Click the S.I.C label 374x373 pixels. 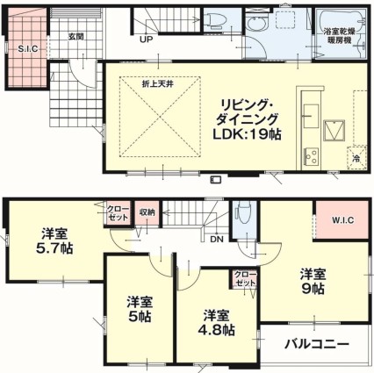pyautogui.click(x=28, y=49)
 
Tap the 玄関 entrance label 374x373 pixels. pyautogui.click(x=76, y=37)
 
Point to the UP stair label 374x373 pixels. pyautogui.click(x=147, y=39)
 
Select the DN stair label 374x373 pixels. pyautogui.click(x=217, y=240)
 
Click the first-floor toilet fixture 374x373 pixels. pyautogui.click(x=215, y=19)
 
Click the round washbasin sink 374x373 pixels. pyautogui.click(x=256, y=23)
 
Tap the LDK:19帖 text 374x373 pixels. pyautogui.click(x=247, y=135)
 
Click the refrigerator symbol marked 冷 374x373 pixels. pyautogui.click(x=356, y=157)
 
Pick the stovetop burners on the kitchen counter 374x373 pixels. pyautogui.click(x=312, y=157)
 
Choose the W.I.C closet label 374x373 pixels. pyautogui.click(x=342, y=220)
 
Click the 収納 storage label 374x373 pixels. pyautogui.click(x=147, y=212)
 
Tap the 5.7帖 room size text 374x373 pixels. pyautogui.click(x=54, y=248)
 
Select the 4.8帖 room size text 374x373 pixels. pyautogui.click(x=216, y=330)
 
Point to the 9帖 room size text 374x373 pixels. pyautogui.click(x=313, y=289)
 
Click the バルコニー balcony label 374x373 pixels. pyautogui.click(x=317, y=344)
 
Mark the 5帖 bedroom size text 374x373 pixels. pyautogui.click(x=140, y=316)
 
